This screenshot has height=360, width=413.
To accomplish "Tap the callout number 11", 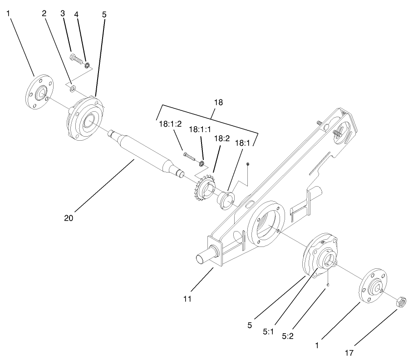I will click(x=187, y=299).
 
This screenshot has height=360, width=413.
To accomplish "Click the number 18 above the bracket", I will click(x=218, y=103).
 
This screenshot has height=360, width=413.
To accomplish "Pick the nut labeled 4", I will click(x=88, y=64).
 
